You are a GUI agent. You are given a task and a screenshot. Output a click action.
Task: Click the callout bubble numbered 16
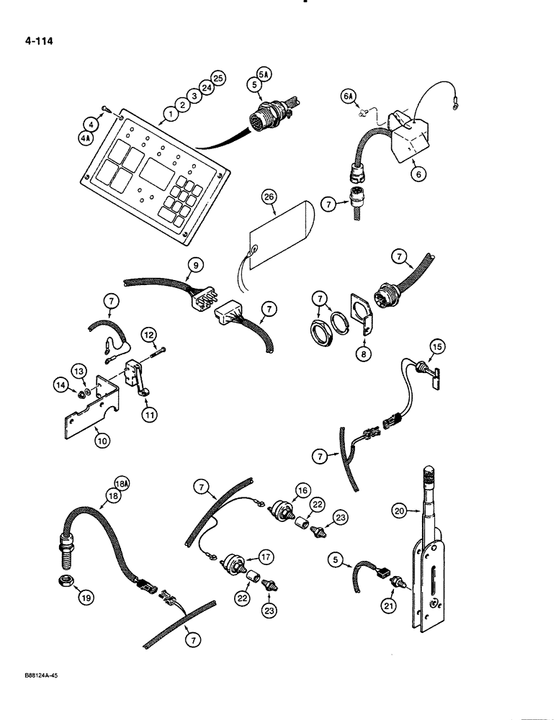[301, 491]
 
